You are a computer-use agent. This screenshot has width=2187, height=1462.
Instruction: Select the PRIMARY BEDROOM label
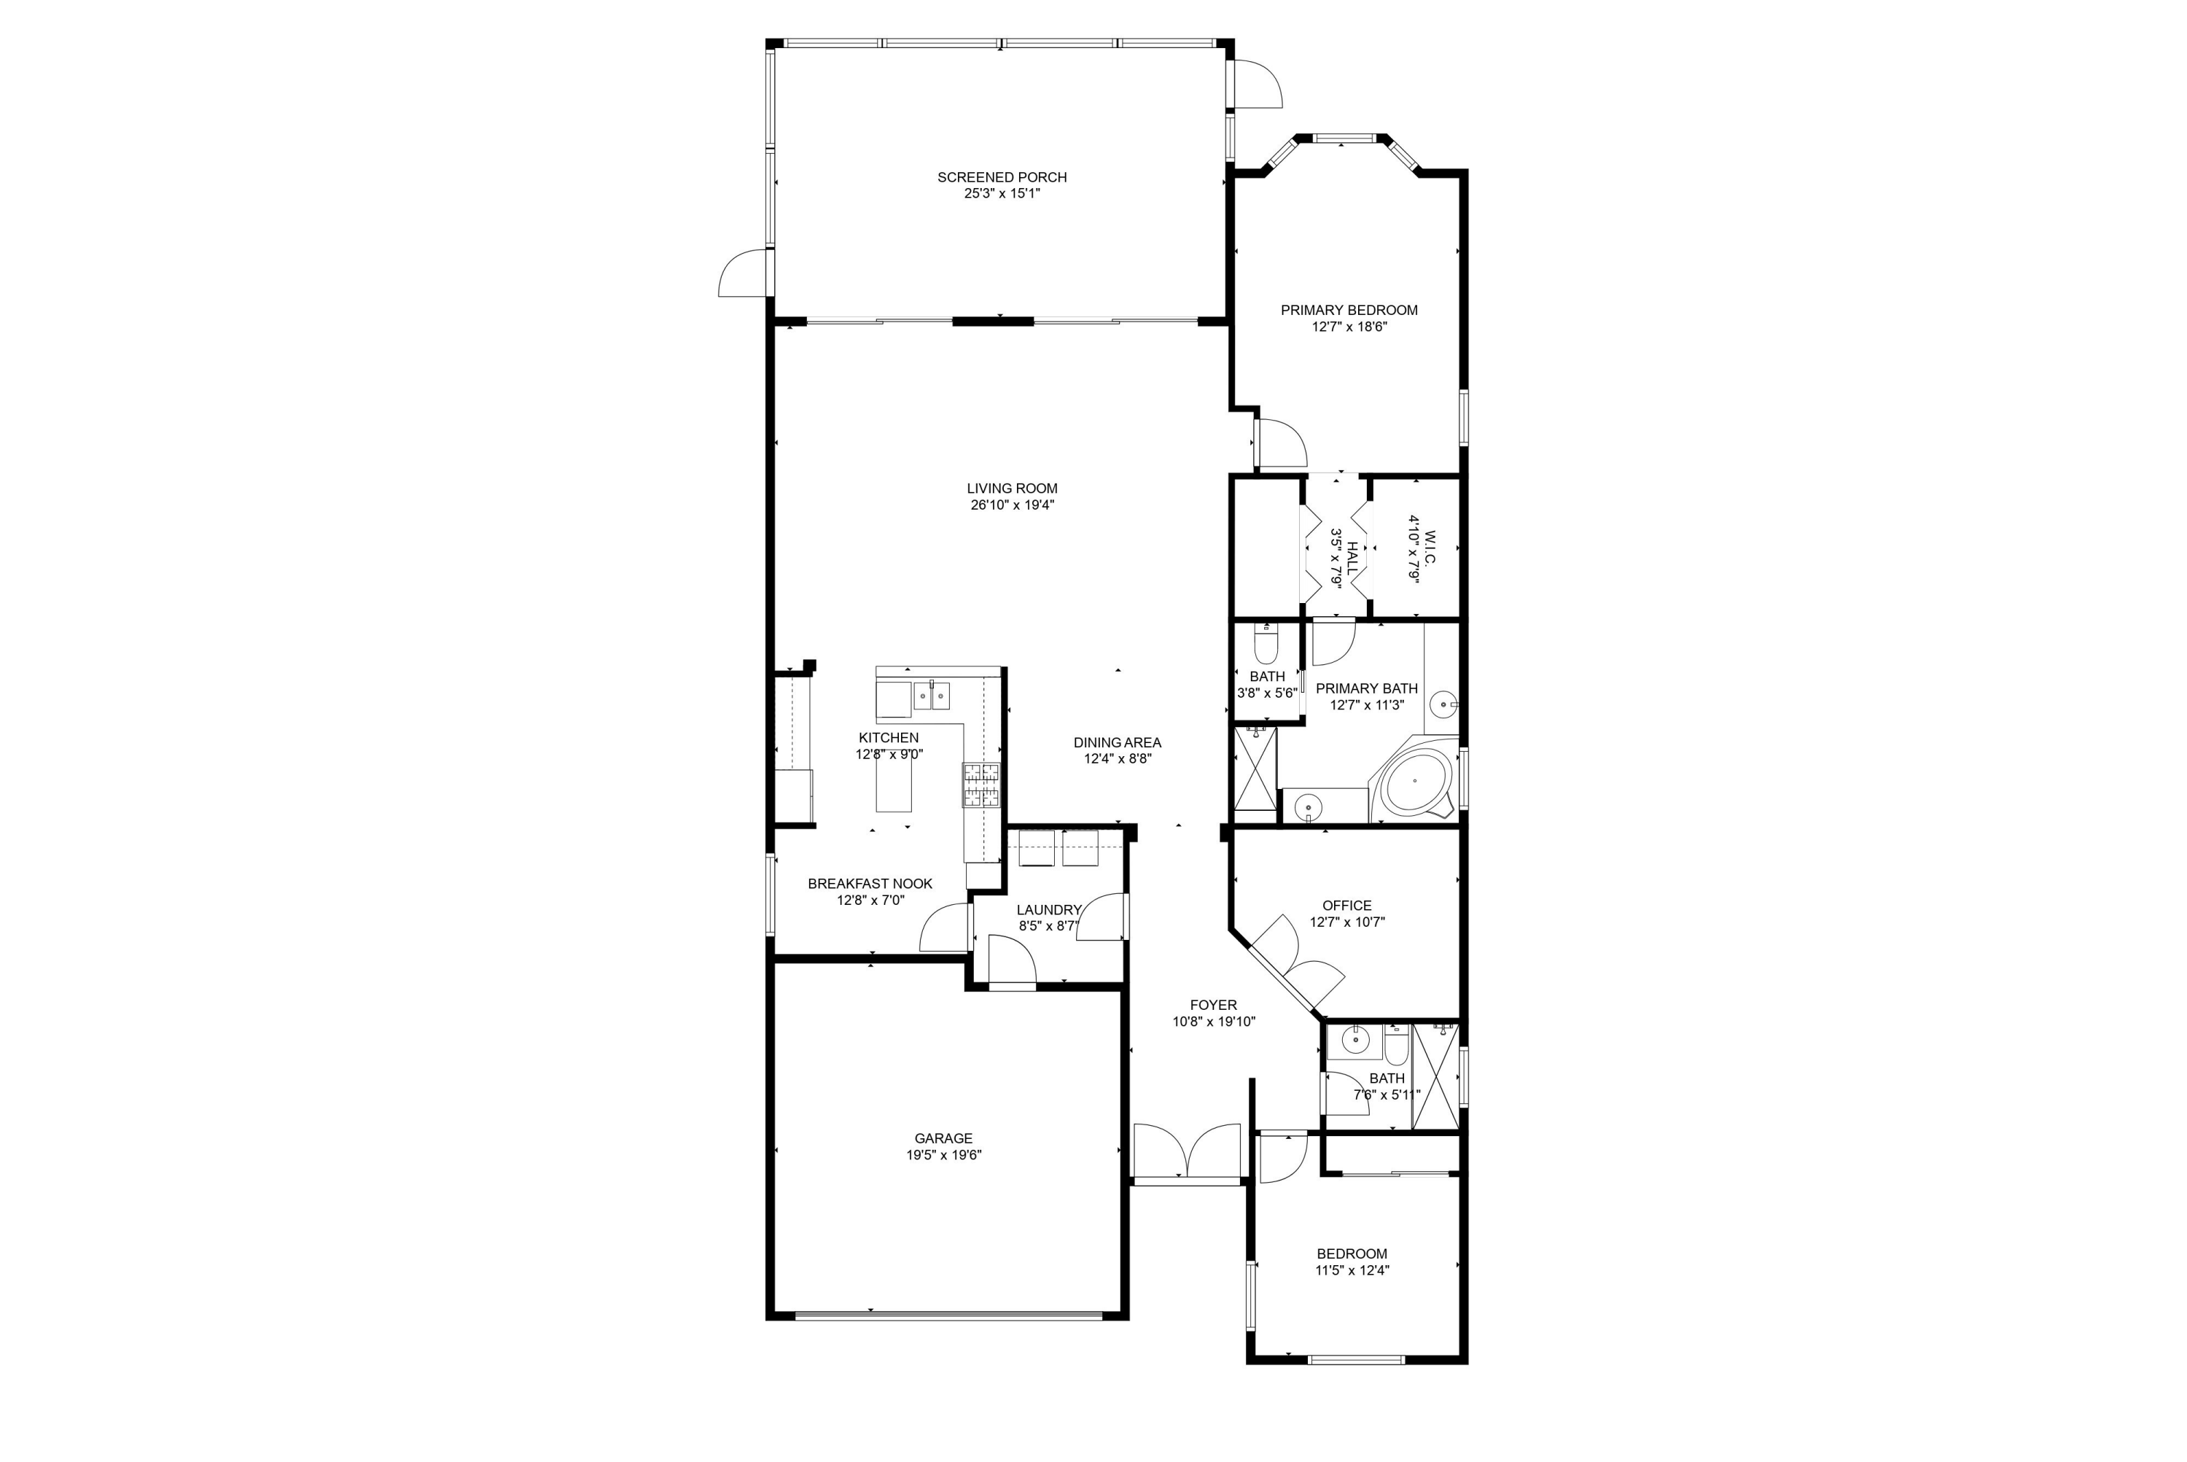[x=1348, y=311]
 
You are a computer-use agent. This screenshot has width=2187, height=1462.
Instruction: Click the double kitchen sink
[x=931, y=696]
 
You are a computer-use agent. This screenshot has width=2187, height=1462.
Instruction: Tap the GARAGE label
[x=943, y=1138]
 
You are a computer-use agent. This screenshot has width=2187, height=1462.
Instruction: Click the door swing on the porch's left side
[x=743, y=274]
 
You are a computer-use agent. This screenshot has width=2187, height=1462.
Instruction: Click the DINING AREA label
[x=1117, y=743]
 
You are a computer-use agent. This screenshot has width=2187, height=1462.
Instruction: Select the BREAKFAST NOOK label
[x=870, y=884]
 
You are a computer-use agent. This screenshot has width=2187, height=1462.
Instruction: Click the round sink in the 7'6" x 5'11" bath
[x=1352, y=1038]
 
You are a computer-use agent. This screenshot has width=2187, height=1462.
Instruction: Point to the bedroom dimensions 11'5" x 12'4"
[x=1352, y=1270]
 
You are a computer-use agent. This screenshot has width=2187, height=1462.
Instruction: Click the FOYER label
[x=1213, y=1005]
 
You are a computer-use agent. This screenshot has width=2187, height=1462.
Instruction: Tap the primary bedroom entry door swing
[x=1281, y=444]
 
